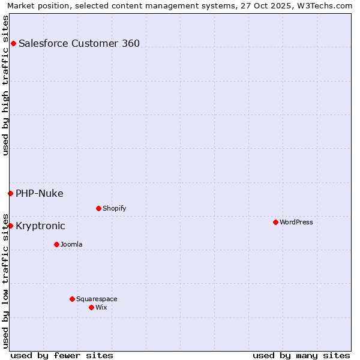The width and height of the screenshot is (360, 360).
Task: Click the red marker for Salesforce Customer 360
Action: tap(13, 43)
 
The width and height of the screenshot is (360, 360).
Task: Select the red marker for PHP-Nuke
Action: tap(10, 193)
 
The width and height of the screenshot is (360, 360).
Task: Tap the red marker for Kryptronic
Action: tap(10, 226)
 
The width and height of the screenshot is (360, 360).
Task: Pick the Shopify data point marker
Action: tap(98, 208)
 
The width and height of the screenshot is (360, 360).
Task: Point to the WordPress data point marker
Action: tap(275, 222)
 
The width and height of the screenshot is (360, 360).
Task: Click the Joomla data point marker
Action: tap(56, 244)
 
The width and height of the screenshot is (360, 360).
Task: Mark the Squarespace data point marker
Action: tap(72, 299)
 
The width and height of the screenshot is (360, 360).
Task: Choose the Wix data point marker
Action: tap(91, 307)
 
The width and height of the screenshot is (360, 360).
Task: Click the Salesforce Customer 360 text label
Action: tap(79, 43)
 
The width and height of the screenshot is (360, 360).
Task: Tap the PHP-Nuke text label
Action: tap(40, 193)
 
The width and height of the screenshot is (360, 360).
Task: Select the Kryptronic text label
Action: tap(40, 226)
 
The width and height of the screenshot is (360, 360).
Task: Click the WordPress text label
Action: tap(296, 222)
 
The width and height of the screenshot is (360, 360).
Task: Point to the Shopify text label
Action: tap(114, 208)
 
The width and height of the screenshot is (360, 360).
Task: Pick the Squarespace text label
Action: tap(97, 299)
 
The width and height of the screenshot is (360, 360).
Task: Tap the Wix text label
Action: tap(101, 307)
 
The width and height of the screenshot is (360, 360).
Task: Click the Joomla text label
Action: tap(71, 244)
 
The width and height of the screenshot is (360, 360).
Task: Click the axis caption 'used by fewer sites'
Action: tap(62, 355)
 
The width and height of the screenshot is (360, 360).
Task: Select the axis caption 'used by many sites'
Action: tap(301, 355)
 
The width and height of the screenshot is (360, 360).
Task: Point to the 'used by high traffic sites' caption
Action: tap(5, 85)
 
